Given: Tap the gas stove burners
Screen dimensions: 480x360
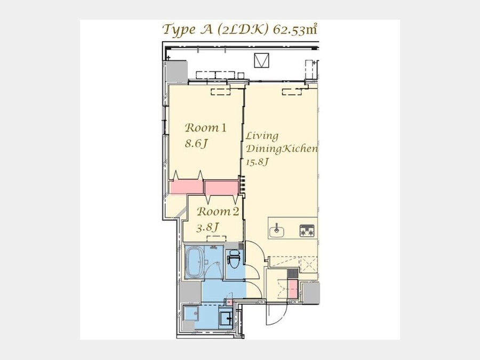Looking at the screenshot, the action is coord(307,230).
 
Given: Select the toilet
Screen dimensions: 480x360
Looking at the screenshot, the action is coord(235,258).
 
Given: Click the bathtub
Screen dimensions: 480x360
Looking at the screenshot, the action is coord(195,262).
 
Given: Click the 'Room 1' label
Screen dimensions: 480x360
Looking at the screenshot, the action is coord(206,127).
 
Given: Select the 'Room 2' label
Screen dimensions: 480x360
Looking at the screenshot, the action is coord(218,212).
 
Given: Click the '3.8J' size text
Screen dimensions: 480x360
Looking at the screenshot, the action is coord(207,227).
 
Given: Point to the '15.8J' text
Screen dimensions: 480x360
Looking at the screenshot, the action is coord(258,162).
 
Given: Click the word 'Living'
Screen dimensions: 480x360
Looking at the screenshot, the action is coord(262,136).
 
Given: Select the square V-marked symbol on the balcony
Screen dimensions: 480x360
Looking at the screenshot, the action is coord(261,60).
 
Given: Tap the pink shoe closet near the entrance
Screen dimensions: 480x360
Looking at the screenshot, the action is coord(293,289).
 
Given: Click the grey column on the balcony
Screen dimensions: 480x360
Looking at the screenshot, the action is coord(176,71).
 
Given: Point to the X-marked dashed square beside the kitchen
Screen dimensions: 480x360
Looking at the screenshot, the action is coord(308,264).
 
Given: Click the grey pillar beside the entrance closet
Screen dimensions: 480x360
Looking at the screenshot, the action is coord(311,292).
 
